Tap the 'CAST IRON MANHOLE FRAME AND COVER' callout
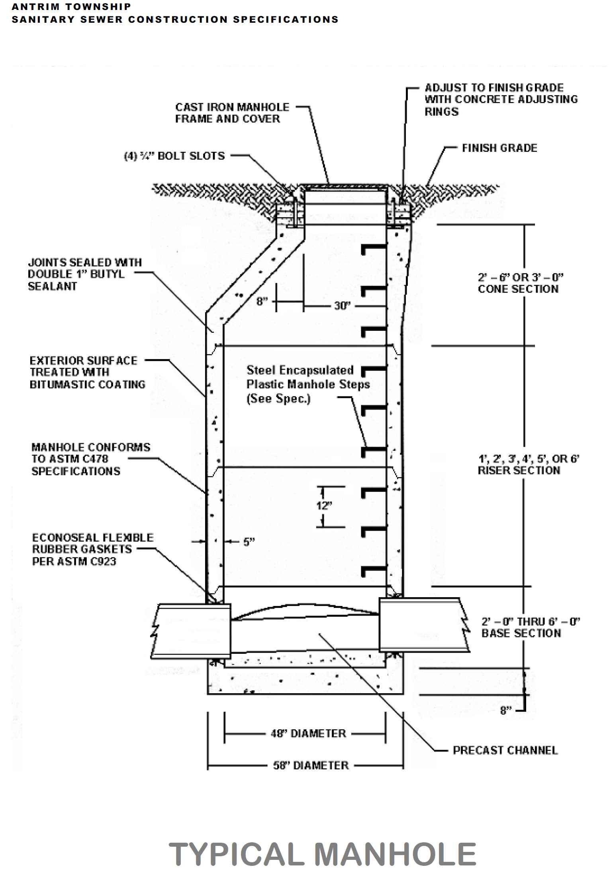(x=232, y=113)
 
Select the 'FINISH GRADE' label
(x=499, y=148)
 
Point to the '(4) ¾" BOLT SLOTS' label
(x=174, y=156)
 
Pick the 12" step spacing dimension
(x=324, y=506)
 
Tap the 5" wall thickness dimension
(x=249, y=542)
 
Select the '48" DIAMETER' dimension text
(x=308, y=733)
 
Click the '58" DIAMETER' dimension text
(x=311, y=765)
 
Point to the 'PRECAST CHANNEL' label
(x=505, y=750)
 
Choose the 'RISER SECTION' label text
(x=519, y=470)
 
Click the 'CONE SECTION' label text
(x=518, y=289)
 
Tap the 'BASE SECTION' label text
(x=521, y=633)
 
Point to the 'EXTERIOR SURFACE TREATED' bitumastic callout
(x=87, y=372)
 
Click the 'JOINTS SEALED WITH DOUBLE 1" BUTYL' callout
(x=84, y=274)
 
